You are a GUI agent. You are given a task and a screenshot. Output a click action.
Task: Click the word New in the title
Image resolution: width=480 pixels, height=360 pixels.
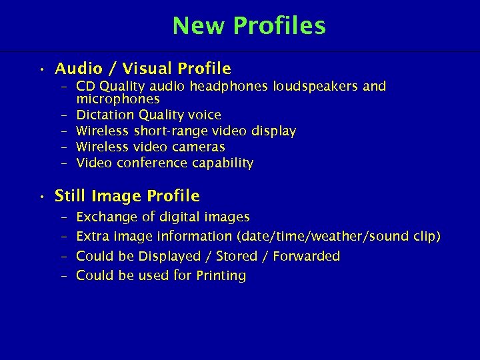click(x=199, y=26)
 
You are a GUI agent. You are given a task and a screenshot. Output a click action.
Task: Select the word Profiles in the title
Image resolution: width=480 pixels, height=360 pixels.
click(x=279, y=26)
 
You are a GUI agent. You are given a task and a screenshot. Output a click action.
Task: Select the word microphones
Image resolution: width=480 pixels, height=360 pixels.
click(x=118, y=99)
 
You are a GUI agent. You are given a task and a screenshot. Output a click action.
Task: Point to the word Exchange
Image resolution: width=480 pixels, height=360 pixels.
click(x=105, y=217)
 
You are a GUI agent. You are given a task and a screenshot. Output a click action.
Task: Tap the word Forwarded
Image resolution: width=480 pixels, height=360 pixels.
click(x=306, y=257)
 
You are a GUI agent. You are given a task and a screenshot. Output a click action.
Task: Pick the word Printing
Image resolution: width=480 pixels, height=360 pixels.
click(x=220, y=276)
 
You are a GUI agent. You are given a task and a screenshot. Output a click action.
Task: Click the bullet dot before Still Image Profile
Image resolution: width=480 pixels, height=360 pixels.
click(x=41, y=197)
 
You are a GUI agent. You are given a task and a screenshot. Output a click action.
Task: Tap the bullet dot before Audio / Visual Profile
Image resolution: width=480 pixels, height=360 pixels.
click(x=41, y=69)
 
